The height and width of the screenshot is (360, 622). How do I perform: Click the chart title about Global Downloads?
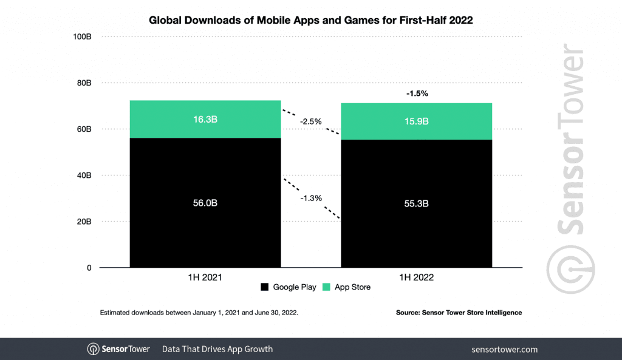tap(310, 20)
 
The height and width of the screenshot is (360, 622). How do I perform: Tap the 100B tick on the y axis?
tap(81, 36)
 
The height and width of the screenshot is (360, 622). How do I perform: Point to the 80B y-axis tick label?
tap(84, 83)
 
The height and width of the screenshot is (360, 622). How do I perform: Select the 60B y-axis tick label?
tap(84, 129)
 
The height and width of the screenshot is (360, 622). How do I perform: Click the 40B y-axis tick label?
tap(84, 175)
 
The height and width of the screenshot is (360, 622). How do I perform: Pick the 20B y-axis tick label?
tap(84, 222)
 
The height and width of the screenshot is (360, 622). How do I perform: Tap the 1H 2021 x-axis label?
tap(205, 277)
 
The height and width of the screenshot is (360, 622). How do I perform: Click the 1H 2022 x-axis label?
tap(416, 277)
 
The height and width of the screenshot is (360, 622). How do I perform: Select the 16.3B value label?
tap(205, 120)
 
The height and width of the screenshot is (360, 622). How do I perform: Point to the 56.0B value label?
tap(205, 203)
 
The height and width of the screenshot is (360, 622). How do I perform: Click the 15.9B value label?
tap(416, 121)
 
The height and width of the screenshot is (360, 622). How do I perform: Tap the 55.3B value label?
tap(416, 203)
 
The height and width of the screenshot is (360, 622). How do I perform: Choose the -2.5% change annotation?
tap(310, 121)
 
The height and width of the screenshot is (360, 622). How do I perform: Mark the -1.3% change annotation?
tap(310, 198)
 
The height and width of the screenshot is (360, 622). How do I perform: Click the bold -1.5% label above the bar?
tap(417, 93)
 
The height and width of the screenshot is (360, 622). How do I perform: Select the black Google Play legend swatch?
tap(264, 287)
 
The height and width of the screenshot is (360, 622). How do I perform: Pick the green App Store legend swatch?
tap(326, 287)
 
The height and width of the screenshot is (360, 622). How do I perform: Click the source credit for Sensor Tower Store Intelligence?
tap(459, 313)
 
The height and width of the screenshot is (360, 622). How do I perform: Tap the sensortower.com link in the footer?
tap(504, 349)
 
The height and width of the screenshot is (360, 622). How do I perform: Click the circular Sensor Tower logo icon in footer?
tap(94, 349)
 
